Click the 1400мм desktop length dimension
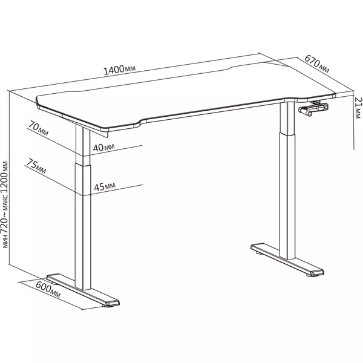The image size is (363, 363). point(119,70)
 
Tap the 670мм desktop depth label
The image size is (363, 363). point(316,64)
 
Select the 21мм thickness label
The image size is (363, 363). point(358,108)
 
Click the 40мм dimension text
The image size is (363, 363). point(103,148)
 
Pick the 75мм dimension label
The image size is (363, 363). point(36,166)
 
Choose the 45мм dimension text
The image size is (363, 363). point(105,186)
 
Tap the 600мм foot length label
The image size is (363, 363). point(48,290)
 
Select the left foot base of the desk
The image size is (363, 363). point(83,290)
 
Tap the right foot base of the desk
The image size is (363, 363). point(287,260)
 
